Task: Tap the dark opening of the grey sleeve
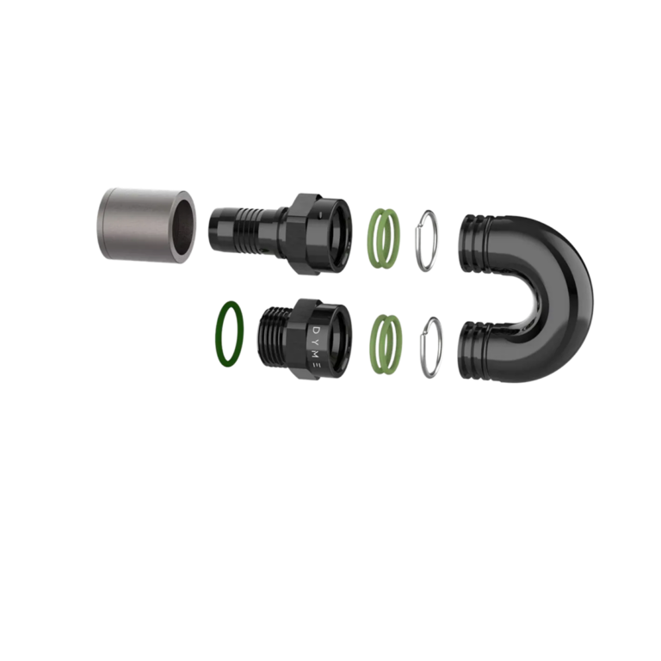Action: coord(185,224)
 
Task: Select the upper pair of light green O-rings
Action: coord(384,238)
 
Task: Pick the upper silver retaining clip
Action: coord(427,240)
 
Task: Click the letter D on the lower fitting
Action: coord(318,329)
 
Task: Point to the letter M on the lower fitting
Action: coord(318,353)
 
